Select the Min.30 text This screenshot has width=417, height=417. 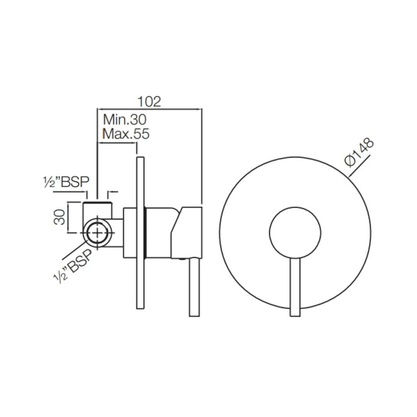(124, 119)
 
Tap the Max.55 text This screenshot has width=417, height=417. (125, 134)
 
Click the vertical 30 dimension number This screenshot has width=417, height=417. (59, 217)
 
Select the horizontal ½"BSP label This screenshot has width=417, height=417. (66, 182)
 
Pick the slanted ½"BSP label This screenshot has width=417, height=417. (74, 267)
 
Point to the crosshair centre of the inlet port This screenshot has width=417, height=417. (97, 233)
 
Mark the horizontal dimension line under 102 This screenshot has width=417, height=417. (149, 109)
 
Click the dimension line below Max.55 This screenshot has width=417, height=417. (117, 143)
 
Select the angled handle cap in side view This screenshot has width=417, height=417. (186, 232)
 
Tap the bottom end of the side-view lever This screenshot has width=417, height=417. (194, 315)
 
